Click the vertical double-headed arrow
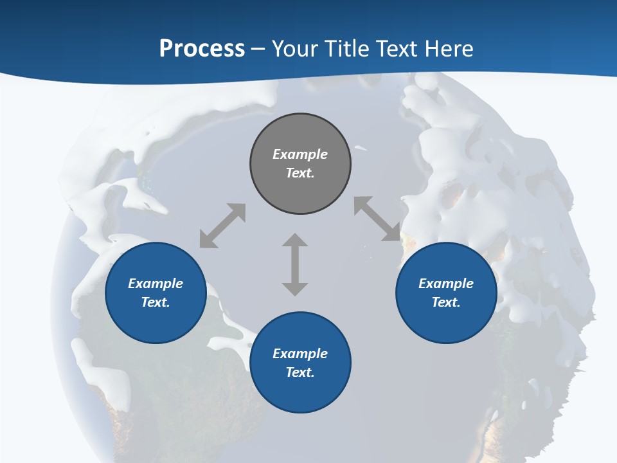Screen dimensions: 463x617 (x=295, y=264)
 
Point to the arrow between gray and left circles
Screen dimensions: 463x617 (x=222, y=226)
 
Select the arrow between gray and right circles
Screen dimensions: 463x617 (x=377, y=219)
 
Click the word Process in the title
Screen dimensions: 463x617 (x=202, y=48)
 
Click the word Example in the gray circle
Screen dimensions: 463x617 (x=300, y=154)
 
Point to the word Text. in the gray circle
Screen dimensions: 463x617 (x=300, y=173)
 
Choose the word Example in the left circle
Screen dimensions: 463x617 (x=156, y=284)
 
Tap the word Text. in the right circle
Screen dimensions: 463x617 (x=446, y=302)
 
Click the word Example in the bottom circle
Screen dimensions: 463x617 (x=300, y=354)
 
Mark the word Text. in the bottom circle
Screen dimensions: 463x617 (x=300, y=372)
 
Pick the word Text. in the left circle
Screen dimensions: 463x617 (x=156, y=302)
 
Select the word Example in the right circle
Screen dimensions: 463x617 (x=446, y=284)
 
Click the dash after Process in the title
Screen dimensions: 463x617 (x=258, y=48)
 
